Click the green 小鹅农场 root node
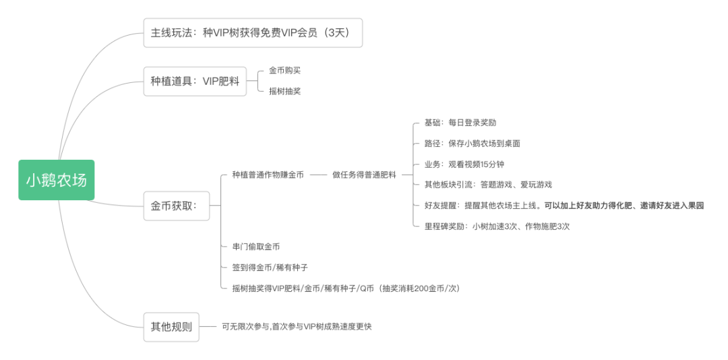tap(56, 180)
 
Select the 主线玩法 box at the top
tap(253, 32)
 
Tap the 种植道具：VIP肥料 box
tap(195, 82)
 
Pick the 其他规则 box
tap(171, 327)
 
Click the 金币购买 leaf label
tap(284, 70)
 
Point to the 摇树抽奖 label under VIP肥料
tap(284, 91)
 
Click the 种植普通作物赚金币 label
tap(268, 175)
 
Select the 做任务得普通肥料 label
tap(364, 175)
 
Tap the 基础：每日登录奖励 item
tap(460, 123)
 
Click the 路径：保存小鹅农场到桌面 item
tap(472, 144)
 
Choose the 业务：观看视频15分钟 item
tap(464, 164)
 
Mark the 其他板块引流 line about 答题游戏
tap(488, 185)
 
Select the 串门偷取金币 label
tap(255, 247)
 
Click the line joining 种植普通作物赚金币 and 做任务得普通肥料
tap(318, 175)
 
